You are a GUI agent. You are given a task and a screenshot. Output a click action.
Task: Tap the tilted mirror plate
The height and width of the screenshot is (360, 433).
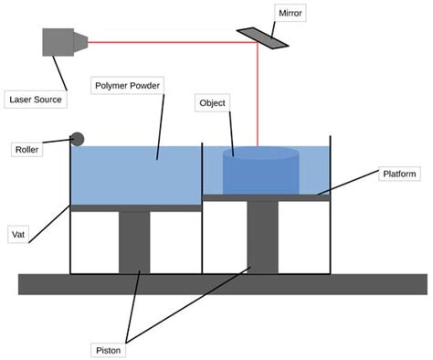tap(259, 36)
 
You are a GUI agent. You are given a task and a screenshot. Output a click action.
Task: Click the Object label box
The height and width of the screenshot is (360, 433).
tap(212, 103)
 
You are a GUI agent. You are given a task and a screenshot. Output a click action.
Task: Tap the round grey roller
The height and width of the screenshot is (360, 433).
tap(78, 139)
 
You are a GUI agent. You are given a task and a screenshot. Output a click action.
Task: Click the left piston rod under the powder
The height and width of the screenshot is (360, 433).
tap(134, 242)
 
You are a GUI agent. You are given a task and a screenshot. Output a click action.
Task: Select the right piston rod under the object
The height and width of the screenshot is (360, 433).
tap(262, 237)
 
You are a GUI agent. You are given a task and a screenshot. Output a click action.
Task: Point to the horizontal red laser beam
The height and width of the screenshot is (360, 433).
tap(164, 42)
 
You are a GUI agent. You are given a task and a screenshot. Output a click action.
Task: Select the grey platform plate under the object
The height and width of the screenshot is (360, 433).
tap(265, 196)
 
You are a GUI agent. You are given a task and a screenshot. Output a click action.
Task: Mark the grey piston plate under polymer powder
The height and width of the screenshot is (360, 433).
tap(135, 207)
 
